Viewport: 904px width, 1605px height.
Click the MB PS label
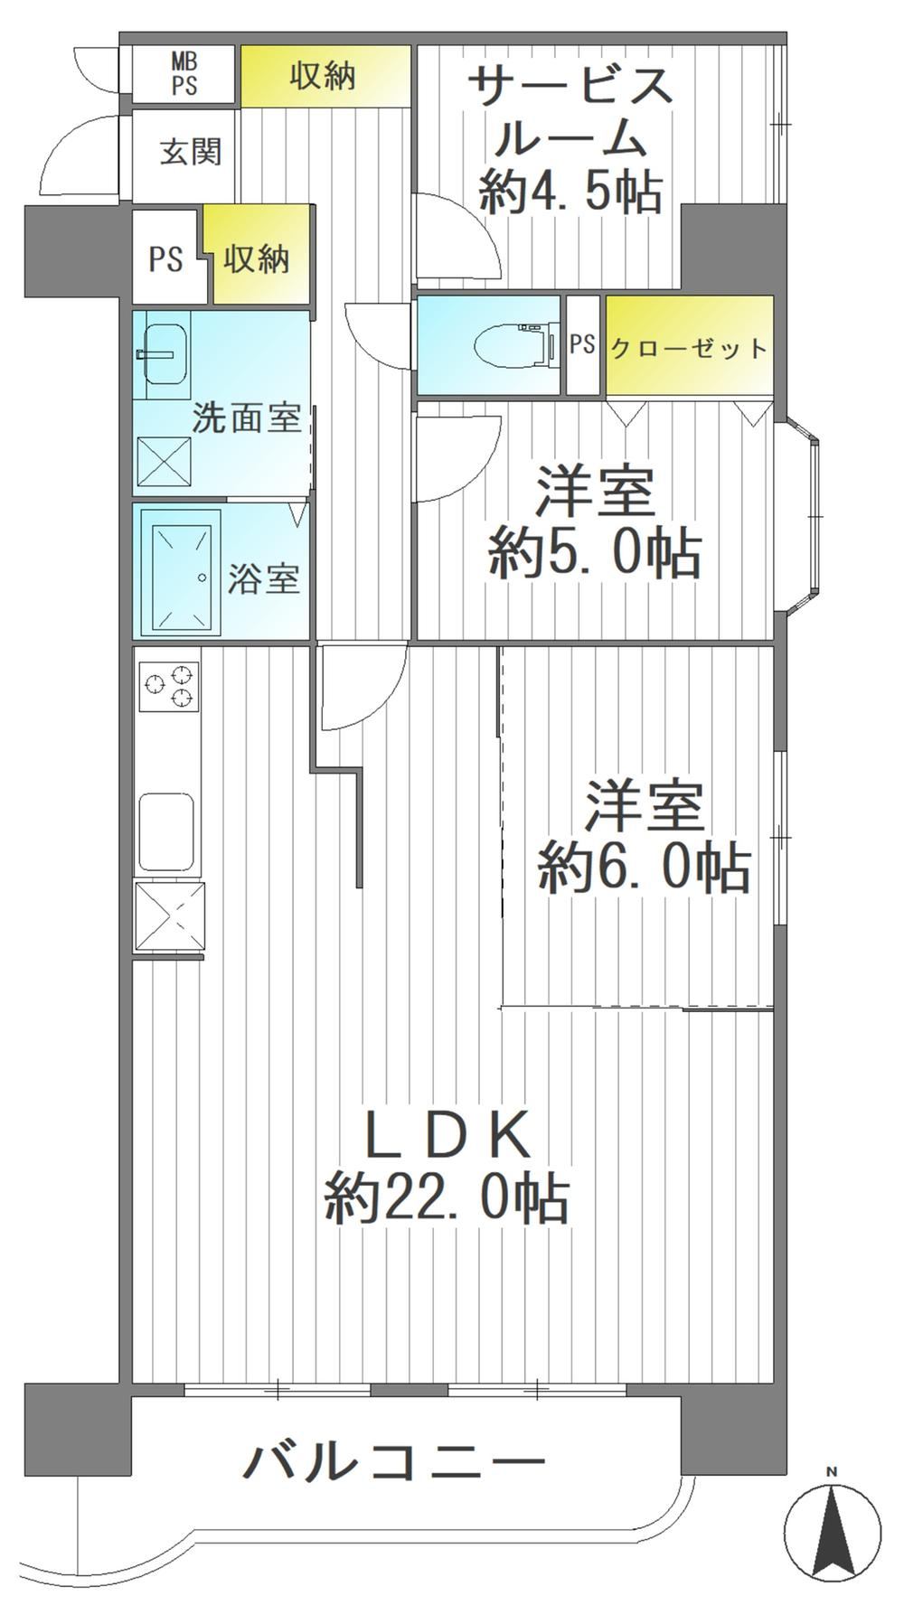coord(184,74)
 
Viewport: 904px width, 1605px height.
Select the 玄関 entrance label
coord(191,152)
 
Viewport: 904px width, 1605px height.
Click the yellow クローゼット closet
coord(690,346)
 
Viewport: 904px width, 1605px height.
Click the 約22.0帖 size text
coord(447,1199)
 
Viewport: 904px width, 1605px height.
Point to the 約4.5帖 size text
coord(571,191)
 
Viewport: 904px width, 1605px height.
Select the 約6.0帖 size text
coord(644,868)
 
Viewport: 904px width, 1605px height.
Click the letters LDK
coord(447,1135)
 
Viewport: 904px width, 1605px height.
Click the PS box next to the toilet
coord(582,344)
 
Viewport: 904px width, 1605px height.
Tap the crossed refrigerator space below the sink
coord(169,916)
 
